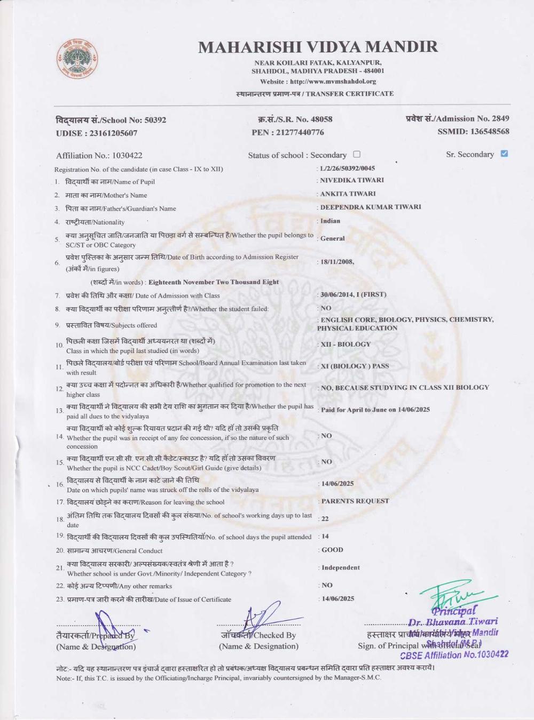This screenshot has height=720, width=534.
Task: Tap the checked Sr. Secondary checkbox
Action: tap(504, 154)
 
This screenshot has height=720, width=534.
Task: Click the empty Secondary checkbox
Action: tap(357, 154)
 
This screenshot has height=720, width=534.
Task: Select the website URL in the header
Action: tap(333, 82)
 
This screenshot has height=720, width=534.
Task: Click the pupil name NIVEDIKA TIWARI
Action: tap(351, 180)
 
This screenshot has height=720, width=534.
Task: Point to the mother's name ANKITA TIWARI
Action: tap(348, 194)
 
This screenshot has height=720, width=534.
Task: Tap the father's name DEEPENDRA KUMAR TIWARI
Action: tap(370, 207)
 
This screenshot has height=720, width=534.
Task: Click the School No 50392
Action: tap(155, 120)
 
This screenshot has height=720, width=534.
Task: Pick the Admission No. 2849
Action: tap(500, 118)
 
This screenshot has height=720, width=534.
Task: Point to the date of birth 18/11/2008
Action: tap(336, 262)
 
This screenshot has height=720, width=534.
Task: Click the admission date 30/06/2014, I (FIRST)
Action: tap(353, 294)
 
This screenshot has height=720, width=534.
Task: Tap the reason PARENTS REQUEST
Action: tap(355, 501)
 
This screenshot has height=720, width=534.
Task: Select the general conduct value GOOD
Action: tap(332, 550)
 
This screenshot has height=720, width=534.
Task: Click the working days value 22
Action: tap(325, 518)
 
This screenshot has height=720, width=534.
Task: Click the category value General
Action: tap(332, 238)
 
